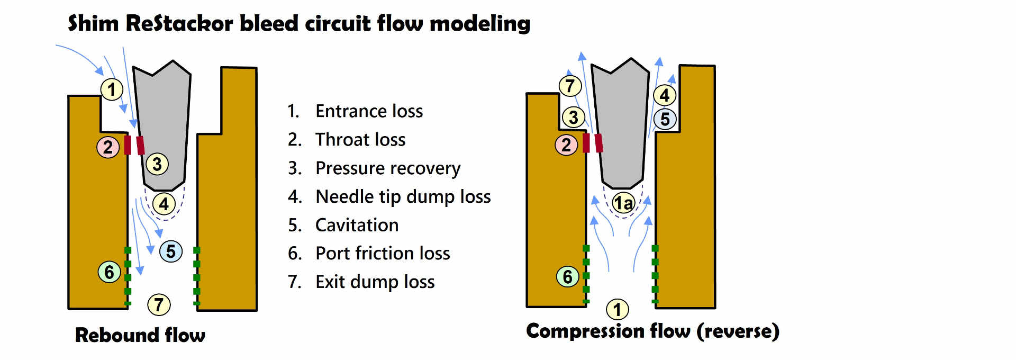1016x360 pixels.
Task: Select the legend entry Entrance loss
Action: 369,111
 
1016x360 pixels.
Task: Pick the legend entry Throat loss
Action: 360,140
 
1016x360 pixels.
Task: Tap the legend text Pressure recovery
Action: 387,168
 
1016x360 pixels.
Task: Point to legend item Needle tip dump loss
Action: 403,197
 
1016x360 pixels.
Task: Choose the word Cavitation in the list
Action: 357,226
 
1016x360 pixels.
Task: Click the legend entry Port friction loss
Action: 382,254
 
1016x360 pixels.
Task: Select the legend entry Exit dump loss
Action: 375,282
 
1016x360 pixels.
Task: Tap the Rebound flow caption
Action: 140,335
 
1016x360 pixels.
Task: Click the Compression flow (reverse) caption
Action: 652,331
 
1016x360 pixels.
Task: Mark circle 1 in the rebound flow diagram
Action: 112,89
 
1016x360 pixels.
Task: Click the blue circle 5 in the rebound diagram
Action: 171,251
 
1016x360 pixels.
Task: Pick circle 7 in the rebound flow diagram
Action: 159,304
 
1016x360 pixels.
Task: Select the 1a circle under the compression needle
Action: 623,202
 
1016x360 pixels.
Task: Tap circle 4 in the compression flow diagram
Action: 665,95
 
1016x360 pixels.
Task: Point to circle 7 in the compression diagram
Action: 570,86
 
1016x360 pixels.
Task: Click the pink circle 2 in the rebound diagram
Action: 108,147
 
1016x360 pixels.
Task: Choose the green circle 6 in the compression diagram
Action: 567,276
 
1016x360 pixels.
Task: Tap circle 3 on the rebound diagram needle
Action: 157,164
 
